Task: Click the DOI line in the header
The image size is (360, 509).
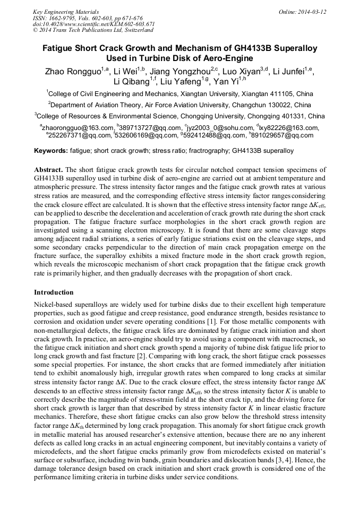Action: [93, 24]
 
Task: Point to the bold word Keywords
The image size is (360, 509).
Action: [50, 151]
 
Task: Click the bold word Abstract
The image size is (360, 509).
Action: [49, 168]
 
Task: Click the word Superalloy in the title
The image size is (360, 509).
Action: [290, 48]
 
